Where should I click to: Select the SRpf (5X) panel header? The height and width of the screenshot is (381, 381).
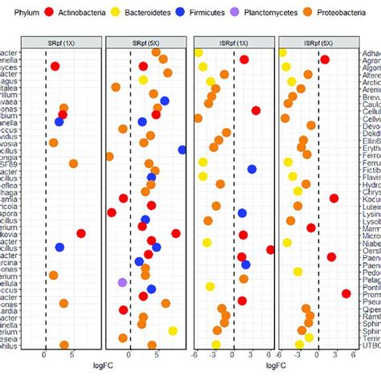[x=149, y=42]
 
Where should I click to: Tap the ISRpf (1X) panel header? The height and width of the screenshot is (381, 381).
[x=234, y=42]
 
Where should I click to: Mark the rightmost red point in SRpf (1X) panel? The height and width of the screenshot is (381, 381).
[x=81, y=233]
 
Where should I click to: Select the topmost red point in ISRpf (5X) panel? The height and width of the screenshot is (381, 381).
[x=325, y=59]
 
